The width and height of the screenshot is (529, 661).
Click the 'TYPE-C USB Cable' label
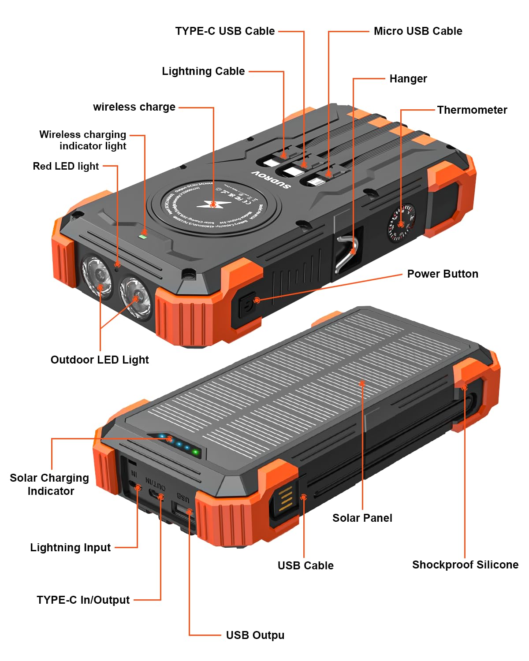[225, 31]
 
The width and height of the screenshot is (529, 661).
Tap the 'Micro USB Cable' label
[417, 31]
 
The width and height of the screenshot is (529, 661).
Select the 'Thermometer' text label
[472, 110]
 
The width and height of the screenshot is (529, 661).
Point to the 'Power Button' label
[442, 274]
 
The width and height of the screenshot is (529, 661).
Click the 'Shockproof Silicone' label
[465, 565]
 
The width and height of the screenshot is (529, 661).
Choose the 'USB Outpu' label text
[255, 635]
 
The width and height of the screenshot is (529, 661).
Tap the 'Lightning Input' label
[70, 548]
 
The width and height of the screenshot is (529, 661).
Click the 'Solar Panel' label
[362, 518]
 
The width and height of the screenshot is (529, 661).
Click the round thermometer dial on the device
[401, 223]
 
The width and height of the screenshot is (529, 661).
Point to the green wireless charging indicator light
[142, 236]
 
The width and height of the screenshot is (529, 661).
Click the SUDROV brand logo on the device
[271, 179]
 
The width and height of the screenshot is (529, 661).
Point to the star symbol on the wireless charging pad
[213, 204]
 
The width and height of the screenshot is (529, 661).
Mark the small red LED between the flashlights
[117, 264]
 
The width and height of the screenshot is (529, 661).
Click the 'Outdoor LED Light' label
[100, 360]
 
